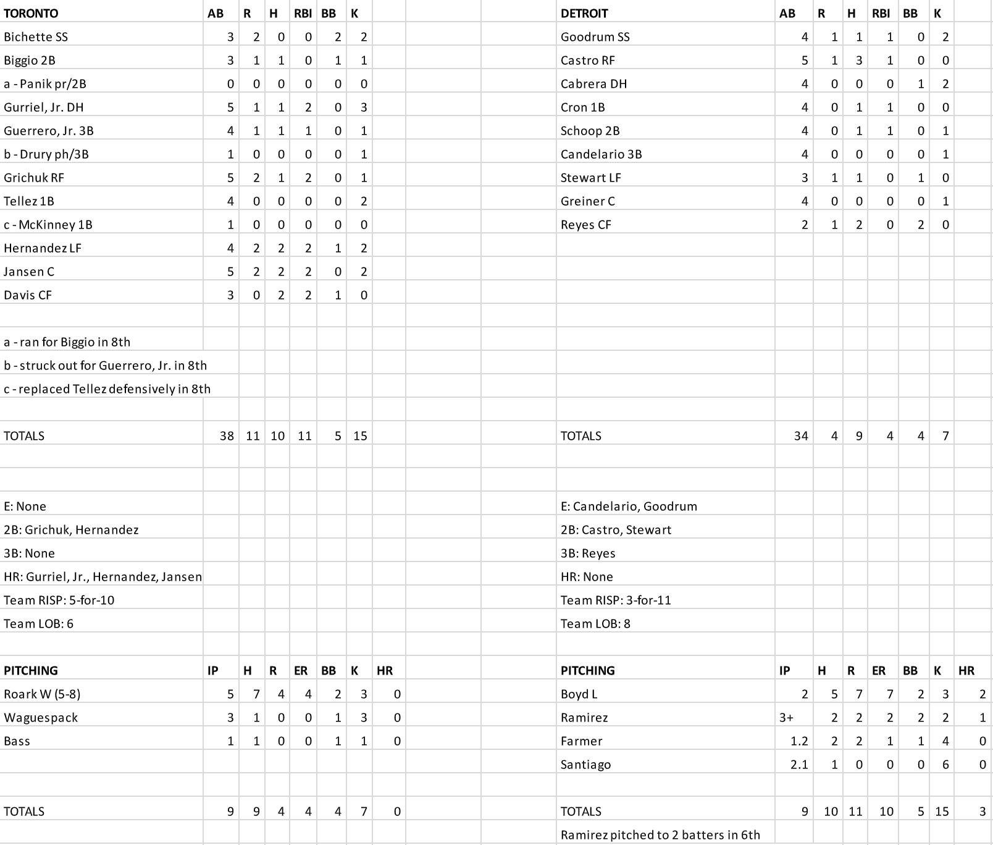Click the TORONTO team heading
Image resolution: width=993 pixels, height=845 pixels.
click(31, 14)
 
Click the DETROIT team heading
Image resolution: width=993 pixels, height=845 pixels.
click(584, 14)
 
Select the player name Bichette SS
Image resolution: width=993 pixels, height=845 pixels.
click(36, 37)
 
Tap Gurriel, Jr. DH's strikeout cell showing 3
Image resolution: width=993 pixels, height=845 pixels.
click(363, 107)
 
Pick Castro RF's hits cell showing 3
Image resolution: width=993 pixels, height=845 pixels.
click(858, 61)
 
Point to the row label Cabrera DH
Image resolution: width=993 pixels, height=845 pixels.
click(593, 84)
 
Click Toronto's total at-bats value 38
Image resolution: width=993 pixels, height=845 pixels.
click(227, 436)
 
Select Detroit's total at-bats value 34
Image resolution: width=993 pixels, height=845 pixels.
click(800, 436)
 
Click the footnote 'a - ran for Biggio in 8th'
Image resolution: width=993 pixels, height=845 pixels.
click(67, 342)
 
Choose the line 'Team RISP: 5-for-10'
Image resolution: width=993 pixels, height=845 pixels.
click(59, 600)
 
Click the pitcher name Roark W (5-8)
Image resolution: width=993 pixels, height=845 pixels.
click(42, 694)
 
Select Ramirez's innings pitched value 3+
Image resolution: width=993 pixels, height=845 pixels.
click(786, 718)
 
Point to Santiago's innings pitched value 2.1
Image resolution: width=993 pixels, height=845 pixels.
click(799, 765)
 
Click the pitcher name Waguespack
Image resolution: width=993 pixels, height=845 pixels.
click(41, 718)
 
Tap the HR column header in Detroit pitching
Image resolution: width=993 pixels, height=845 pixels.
click(966, 671)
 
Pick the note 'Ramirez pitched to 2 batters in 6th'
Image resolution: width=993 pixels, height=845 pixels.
click(660, 835)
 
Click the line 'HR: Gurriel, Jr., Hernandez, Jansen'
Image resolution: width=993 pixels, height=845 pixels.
click(103, 577)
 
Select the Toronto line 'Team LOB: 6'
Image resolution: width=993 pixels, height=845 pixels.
click(38, 624)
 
